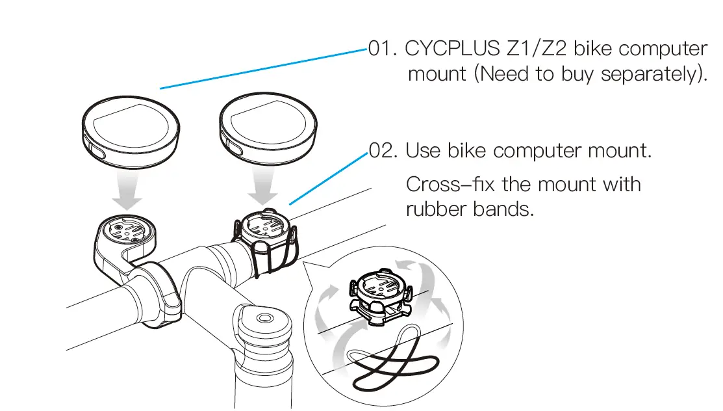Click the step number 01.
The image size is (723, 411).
point(385,49)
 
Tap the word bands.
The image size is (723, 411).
point(507,209)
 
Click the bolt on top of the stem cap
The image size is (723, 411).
point(263,319)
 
